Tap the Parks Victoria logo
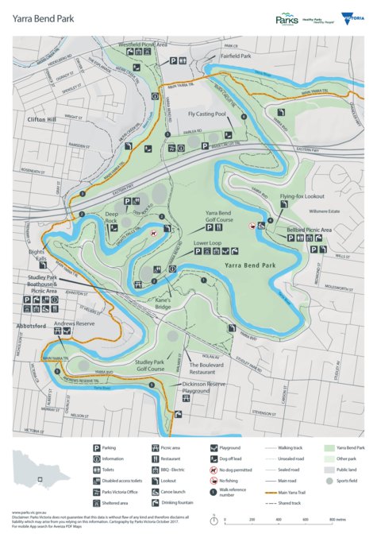287,18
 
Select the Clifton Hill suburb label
42,118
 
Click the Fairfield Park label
235,57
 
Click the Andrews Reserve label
74,324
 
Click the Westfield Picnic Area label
143,44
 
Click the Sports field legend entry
329,481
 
